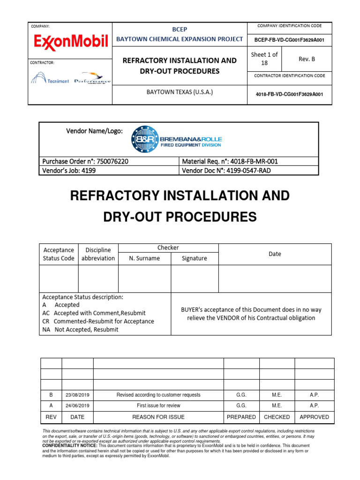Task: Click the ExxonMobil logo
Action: (71, 42)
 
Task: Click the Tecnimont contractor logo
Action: (50, 78)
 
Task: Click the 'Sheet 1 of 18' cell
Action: (264, 59)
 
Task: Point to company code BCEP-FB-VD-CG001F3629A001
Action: (290, 40)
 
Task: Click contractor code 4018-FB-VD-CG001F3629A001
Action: (290, 94)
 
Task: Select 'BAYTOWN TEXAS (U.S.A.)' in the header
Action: (180, 92)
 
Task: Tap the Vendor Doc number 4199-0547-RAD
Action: (247, 171)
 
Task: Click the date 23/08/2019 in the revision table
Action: (77, 395)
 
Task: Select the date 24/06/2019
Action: (77, 405)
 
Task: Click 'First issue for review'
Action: (158, 405)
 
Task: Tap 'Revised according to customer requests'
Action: (158, 395)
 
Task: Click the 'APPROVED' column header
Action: (314, 417)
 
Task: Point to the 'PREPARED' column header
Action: (241, 417)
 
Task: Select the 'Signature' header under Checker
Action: (195, 258)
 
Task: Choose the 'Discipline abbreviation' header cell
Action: (98, 254)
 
